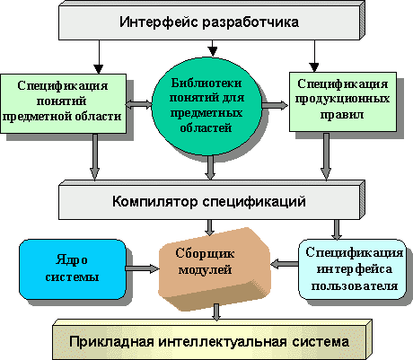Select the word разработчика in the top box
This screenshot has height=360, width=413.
[x=250, y=22]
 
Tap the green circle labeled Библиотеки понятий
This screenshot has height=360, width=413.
[x=206, y=106]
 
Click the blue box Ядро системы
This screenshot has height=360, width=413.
[x=73, y=269]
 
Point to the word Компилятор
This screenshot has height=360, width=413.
[x=155, y=201]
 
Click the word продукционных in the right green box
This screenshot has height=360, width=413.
[x=342, y=99]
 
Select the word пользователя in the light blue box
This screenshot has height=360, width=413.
[x=355, y=286]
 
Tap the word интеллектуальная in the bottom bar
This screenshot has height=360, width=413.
[x=223, y=341]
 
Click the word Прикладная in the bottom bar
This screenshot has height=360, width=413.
[x=111, y=341]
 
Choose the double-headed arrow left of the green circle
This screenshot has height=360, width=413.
[x=138, y=105]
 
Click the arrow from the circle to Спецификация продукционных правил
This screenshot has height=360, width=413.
[x=275, y=105]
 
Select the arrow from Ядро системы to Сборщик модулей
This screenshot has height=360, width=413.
[x=142, y=268]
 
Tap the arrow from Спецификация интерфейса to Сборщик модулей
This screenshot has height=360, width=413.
[x=285, y=264]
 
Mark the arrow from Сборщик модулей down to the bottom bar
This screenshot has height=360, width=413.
[x=216, y=312]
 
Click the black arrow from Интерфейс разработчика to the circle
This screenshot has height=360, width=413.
[x=213, y=48]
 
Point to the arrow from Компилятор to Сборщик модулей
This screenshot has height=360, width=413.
[x=210, y=227]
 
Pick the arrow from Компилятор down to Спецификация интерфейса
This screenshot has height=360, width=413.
[x=337, y=229]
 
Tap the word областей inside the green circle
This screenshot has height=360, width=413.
[x=206, y=127]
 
